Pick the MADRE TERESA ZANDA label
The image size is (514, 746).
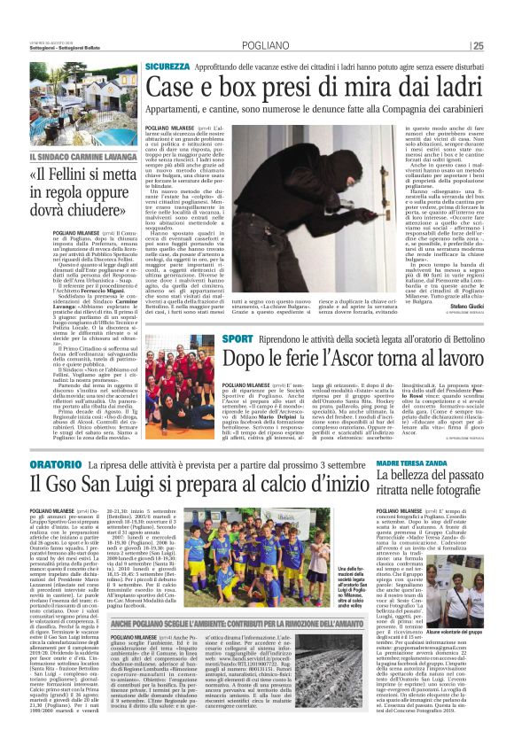point(409,463)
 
